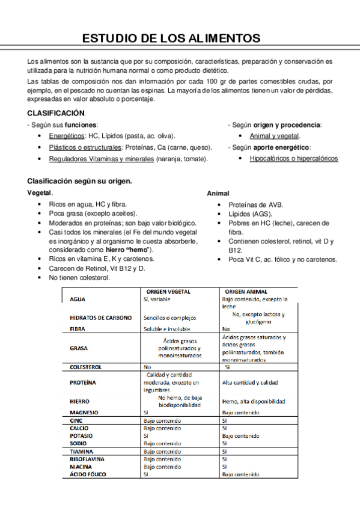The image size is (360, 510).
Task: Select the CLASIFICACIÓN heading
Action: pyautogui.click(x=56, y=113)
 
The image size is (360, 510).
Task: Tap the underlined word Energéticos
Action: pyautogui.click(x=67, y=136)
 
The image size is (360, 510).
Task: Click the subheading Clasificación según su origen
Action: pyautogui.click(x=80, y=181)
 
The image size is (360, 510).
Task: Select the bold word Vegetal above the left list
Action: pyautogui.click(x=40, y=193)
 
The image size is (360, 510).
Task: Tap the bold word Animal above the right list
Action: pyautogui.click(x=218, y=194)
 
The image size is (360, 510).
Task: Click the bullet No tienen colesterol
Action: pyautogui.click(x=79, y=277)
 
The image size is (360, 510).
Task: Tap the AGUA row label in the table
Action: pyautogui.click(x=78, y=299)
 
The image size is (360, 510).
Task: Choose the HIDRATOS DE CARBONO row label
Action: pyautogui.click(x=100, y=318)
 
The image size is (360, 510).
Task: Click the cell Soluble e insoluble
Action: pyautogui.click(x=166, y=329)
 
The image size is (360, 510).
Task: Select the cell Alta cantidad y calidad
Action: pyautogui.click(x=250, y=382)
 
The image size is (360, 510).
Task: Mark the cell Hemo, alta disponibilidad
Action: pyautogui.click(x=253, y=401)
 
